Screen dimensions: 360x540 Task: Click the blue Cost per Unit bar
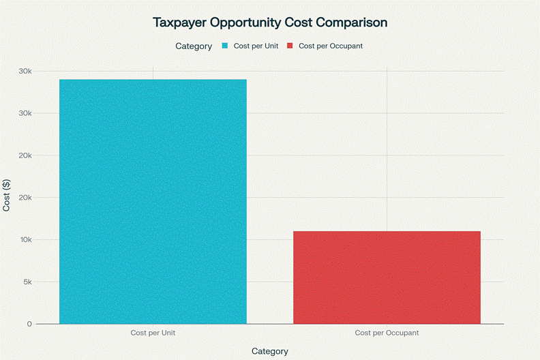tap(153, 201)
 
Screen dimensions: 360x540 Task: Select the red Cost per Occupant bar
tap(387, 277)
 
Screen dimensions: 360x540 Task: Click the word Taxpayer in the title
tap(180, 22)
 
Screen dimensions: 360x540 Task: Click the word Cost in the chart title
tap(297, 22)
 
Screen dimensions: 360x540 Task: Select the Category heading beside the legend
tap(194, 46)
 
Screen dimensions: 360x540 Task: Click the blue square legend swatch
tap(225, 46)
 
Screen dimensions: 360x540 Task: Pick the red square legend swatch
tap(290, 46)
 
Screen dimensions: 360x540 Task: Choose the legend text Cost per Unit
tap(256, 46)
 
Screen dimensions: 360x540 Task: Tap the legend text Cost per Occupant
tap(331, 46)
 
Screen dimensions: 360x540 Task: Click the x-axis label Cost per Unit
tap(153, 333)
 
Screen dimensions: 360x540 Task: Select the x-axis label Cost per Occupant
tap(387, 333)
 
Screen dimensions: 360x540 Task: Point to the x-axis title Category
tap(270, 351)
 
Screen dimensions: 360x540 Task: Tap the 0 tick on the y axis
tap(29, 324)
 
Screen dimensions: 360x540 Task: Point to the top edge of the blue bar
tap(153, 80)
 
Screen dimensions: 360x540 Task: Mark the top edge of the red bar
tap(387, 232)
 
